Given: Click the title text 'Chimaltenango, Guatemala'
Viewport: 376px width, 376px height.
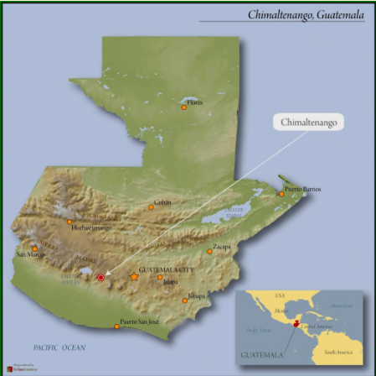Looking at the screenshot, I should tap(306, 14).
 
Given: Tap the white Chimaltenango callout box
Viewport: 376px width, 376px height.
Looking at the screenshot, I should tap(308, 122).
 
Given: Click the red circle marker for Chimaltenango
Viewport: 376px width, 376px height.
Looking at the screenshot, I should tap(100, 277).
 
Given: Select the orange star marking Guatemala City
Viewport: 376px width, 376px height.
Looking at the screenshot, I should tap(134, 276).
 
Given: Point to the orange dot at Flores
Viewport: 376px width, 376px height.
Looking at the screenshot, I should tap(184, 107).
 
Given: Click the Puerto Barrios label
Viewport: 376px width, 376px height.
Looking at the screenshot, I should tap(302, 189).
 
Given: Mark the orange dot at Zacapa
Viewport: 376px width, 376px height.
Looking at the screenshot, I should tap(210, 250).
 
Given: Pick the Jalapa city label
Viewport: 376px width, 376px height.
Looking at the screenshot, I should tap(170, 282).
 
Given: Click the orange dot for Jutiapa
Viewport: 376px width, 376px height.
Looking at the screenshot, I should tap(186, 300).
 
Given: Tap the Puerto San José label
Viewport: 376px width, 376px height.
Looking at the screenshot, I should tap(139, 321).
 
